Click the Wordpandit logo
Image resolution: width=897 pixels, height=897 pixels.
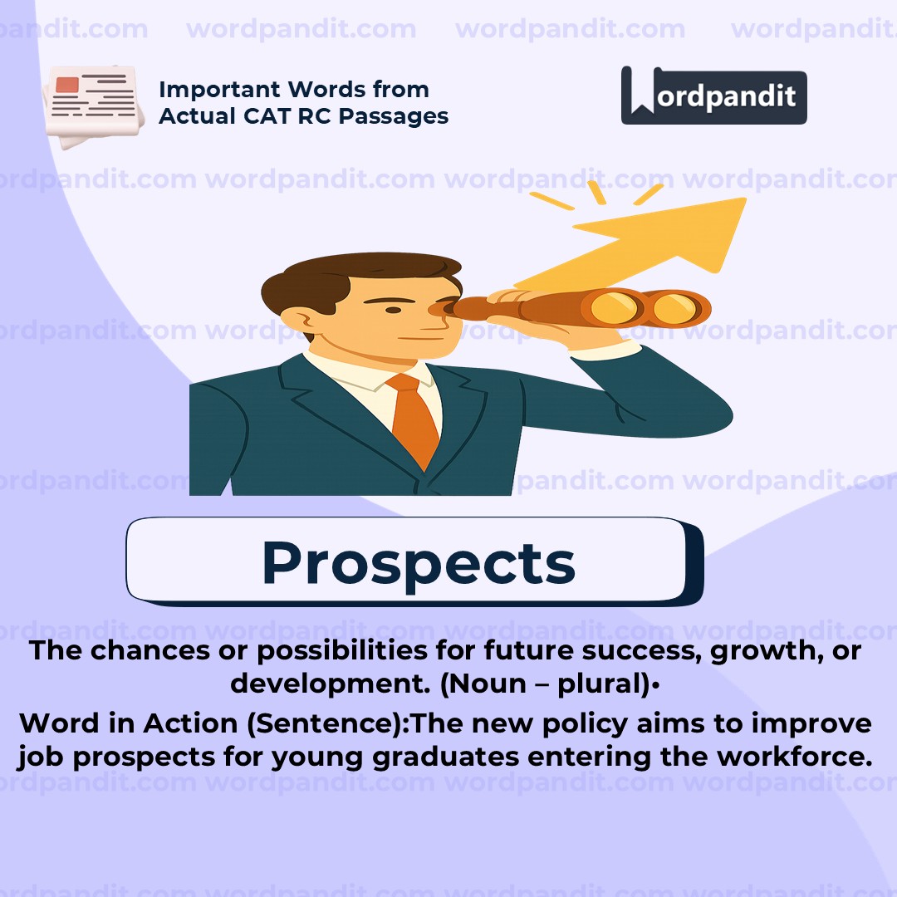click(713, 96)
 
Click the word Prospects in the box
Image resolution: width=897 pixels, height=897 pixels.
click(418, 562)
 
